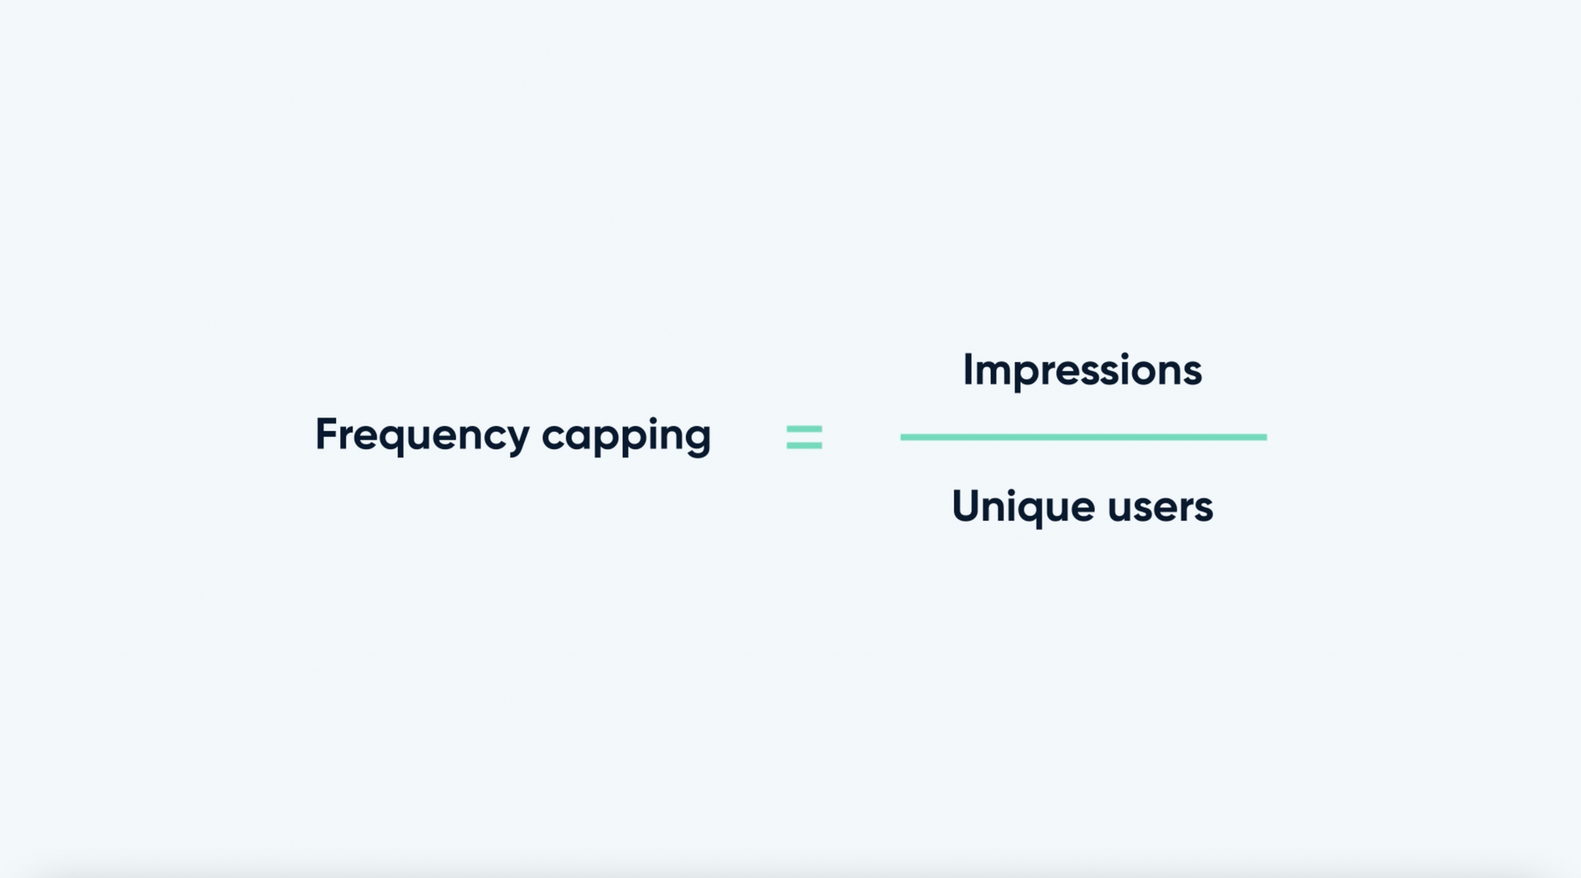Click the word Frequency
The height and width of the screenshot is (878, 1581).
coord(422,435)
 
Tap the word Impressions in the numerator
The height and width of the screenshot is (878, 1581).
coord(1082,371)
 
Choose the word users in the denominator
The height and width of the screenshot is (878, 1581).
coord(1160,508)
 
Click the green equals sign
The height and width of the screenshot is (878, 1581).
coord(804,437)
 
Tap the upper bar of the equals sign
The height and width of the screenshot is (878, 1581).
coord(804,429)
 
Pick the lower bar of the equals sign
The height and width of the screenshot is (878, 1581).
coord(804,445)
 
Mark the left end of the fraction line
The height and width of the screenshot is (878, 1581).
coord(902,437)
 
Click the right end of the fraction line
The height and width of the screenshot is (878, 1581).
coord(1266,437)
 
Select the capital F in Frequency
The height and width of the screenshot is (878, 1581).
coord(328,434)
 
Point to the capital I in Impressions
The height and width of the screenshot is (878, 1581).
coord(968,369)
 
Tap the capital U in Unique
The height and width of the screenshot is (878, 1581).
coord(967,505)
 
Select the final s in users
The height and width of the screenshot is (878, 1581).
coord(1203,509)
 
